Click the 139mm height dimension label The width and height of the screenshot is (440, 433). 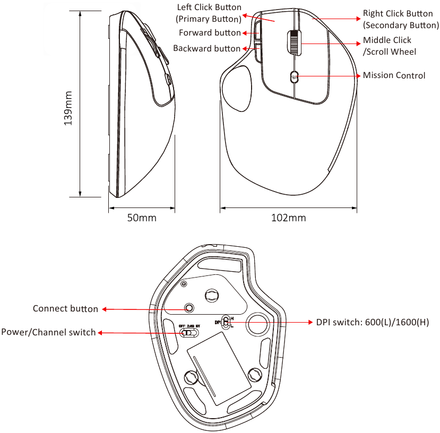[68, 108]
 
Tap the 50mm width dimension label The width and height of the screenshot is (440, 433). [142, 218]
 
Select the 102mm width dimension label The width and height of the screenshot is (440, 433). [289, 218]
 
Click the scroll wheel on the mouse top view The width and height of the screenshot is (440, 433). [294, 42]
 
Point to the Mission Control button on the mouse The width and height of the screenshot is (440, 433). [294, 76]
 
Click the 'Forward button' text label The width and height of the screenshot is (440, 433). [210, 33]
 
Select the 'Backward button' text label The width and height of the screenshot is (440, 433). [207, 48]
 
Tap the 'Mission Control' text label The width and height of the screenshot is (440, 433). [394, 75]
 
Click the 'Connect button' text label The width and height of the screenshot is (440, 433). [65, 308]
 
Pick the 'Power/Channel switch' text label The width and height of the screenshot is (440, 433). [48, 332]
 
